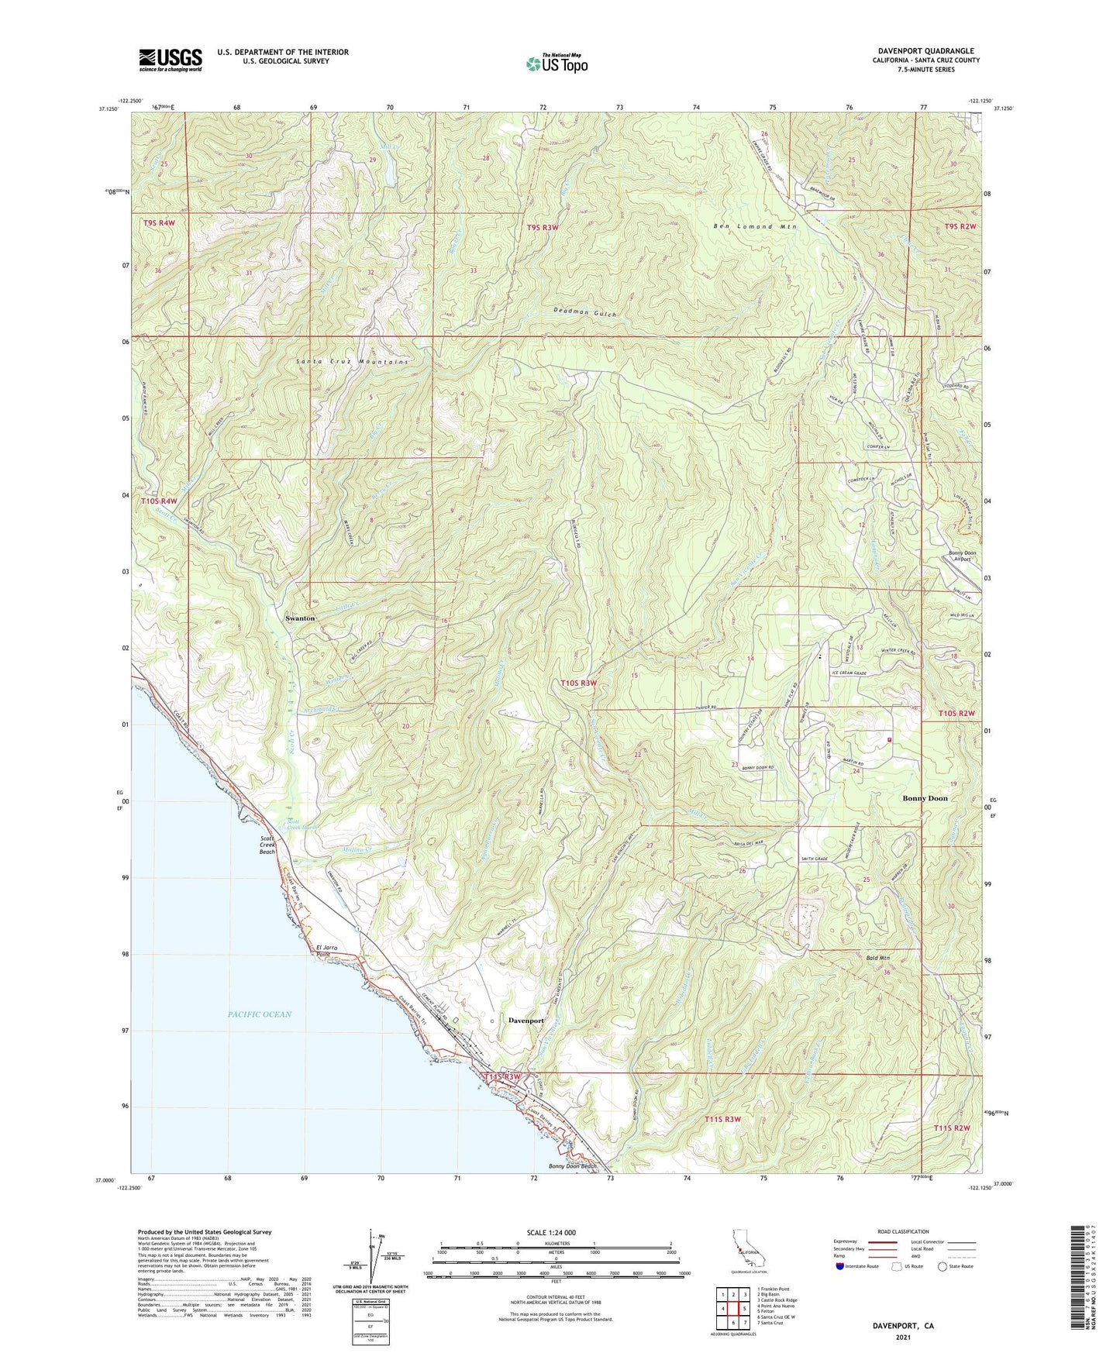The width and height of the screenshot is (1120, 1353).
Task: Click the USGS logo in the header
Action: [171, 60]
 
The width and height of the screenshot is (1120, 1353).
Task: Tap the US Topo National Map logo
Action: [557, 64]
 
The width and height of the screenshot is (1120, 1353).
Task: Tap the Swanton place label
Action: [300, 618]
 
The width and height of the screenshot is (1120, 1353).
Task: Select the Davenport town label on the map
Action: [526, 1021]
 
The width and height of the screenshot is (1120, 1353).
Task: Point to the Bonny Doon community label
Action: [925, 798]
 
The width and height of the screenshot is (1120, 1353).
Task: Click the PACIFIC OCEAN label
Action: [260, 1014]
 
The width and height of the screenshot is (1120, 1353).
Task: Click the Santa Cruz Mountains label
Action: [352, 362]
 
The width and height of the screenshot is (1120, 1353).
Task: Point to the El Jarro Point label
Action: [329, 951]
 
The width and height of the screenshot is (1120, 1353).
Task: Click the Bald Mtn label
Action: [877, 959]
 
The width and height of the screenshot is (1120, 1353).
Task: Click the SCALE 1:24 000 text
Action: [550, 1233]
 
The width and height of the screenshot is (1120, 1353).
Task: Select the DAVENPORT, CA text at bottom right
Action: [903, 1326]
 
